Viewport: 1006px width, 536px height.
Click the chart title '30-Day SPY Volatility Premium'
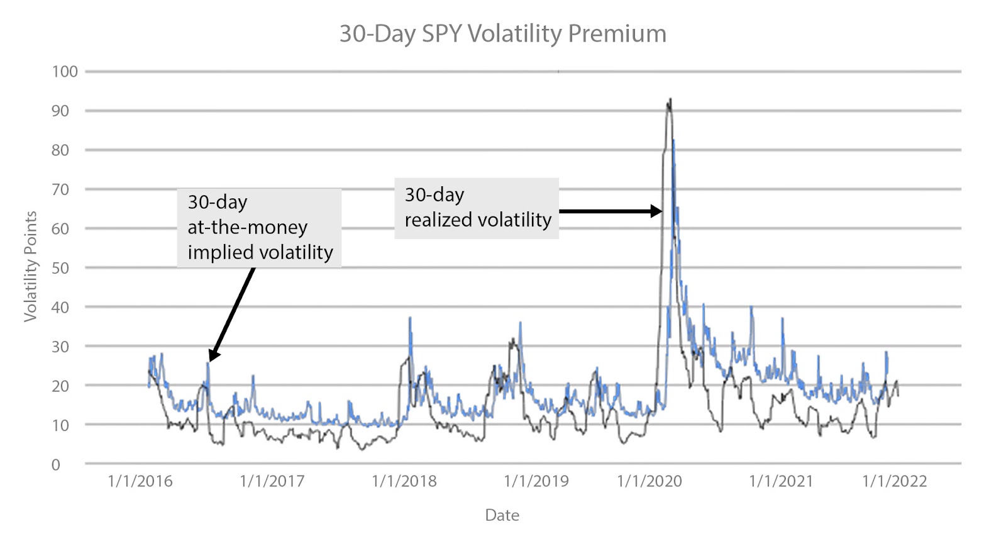coord(502,34)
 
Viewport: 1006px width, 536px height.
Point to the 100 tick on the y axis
coord(65,72)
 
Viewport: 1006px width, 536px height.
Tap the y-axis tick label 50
coord(60,268)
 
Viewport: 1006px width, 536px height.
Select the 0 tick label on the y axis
coord(56,464)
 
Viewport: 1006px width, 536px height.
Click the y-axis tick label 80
coord(60,150)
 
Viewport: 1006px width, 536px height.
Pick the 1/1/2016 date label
coord(140,481)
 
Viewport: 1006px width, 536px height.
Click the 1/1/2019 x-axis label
coord(536,481)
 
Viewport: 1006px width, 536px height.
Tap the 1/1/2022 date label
coord(895,481)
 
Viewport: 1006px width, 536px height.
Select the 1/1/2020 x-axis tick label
coord(649,481)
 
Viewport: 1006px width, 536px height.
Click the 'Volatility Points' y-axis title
coord(31,267)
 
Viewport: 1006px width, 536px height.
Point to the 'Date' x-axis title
coord(502,515)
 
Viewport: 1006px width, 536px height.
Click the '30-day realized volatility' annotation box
coord(477,208)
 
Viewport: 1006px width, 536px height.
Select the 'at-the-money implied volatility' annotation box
coord(259,228)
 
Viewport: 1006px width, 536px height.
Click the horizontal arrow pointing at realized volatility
coord(611,211)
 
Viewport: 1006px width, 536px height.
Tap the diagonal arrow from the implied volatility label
coord(232,314)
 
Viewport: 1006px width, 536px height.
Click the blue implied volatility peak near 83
coord(673,140)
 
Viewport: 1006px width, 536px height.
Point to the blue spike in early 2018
coord(410,318)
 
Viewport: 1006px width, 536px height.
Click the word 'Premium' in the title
coord(617,34)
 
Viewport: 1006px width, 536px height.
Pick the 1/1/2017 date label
coord(272,481)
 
